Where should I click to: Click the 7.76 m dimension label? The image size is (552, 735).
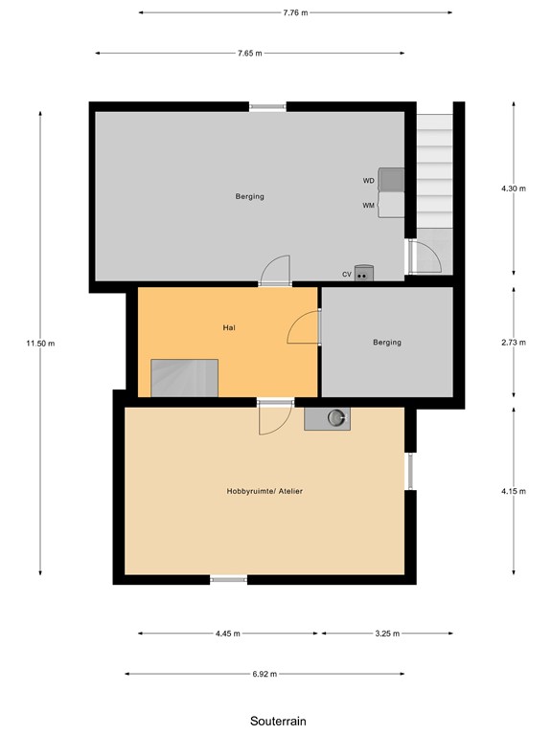[295, 12]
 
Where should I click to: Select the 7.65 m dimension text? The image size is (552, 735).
[251, 54]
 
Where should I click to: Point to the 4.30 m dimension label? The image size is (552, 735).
[514, 189]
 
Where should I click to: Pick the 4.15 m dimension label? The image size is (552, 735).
[514, 491]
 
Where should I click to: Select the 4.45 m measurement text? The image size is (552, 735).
[227, 634]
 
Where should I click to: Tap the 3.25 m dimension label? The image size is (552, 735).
[387, 634]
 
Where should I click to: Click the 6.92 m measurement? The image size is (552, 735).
[264, 674]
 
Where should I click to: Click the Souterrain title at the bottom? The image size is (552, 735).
[278, 720]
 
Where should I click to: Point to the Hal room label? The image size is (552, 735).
[229, 327]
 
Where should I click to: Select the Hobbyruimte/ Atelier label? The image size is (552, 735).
[258, 491]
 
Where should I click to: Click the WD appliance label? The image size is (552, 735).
[368, 180]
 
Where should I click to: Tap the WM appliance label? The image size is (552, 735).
[368, 205]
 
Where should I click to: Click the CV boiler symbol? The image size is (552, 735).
[363, 274]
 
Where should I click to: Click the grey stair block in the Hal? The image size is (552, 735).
[185, 377]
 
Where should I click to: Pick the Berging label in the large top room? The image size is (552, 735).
[249, 197]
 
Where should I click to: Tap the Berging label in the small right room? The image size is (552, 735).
[387, 342]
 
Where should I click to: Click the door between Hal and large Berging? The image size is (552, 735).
[275, 271]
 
